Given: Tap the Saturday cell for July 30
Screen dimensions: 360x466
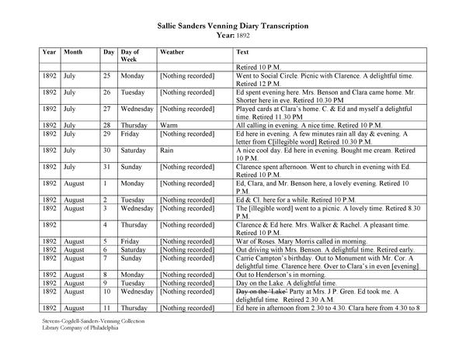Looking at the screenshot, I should (134, 150).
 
